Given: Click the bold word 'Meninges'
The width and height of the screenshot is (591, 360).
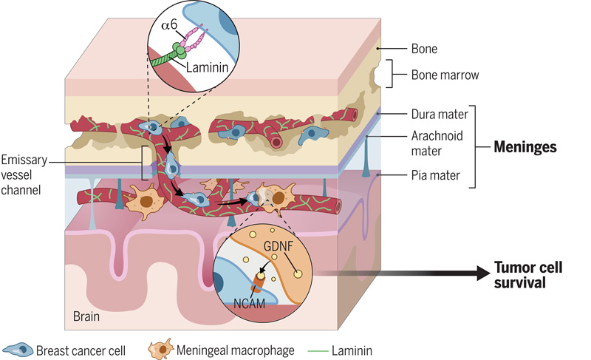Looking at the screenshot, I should click(525, 146).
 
